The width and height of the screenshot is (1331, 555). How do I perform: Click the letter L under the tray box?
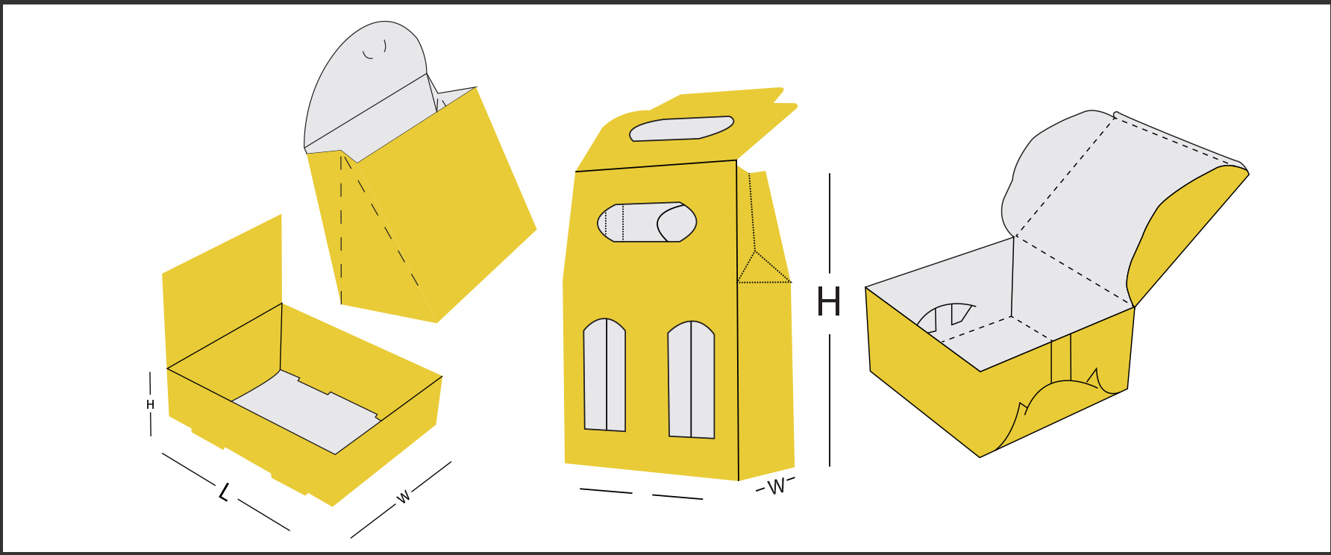tap(223, 492)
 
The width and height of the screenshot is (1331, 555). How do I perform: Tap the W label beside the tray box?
tap(404, 497)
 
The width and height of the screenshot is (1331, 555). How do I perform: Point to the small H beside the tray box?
tap(150, 405)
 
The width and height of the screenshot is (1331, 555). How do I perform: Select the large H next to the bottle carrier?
tap(829, 302)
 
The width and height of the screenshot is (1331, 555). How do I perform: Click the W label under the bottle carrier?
tap(776, 487)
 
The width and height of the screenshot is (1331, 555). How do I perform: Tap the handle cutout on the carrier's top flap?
tap(681, 128)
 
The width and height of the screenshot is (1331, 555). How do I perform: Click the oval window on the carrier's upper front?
tap(647, 222)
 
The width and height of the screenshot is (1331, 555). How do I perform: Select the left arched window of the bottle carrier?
tap(604, 375)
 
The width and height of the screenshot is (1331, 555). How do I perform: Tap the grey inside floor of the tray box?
tap(306, 410)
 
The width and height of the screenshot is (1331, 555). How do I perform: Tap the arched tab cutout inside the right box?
tap(946, 317)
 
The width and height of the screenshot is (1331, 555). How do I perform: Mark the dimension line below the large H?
tap(830, 401)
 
